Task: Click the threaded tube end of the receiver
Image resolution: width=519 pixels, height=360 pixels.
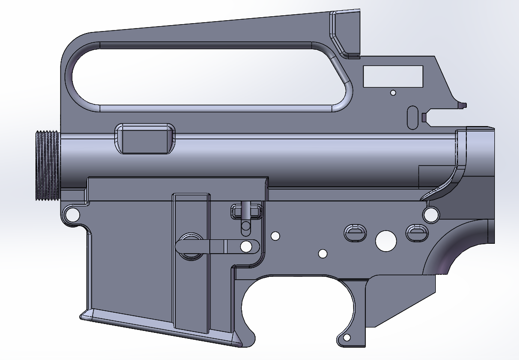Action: click(48, 165)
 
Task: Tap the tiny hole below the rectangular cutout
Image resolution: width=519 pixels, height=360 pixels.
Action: click(393, 93)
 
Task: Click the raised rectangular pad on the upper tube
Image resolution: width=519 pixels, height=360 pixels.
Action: click(145, 138)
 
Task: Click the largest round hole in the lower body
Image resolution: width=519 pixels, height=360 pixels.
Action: click(386, 240)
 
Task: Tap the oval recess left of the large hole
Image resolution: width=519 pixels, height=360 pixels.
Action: click(355, 232)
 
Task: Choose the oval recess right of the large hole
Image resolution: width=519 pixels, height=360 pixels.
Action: click(416, 232)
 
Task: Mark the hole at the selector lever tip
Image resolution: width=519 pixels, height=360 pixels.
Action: click(246, 246)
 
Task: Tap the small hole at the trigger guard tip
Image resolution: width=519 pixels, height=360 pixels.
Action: click(347, 338)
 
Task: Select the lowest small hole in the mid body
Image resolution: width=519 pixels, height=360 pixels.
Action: click(323, 254)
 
